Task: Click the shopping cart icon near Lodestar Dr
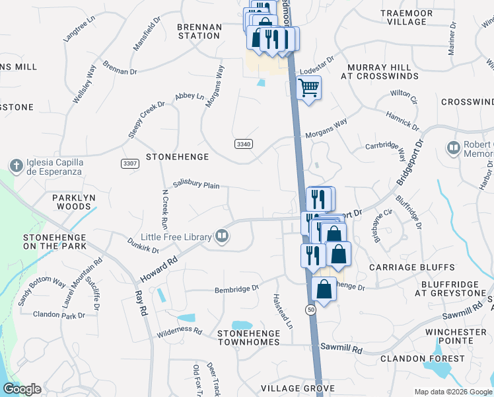(x=309, y=87)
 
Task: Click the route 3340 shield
(x=243, y=144)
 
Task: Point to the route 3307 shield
(x=130, y=163)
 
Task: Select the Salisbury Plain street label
(x=196, y=186)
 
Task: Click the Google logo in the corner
(x=22, y=389)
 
